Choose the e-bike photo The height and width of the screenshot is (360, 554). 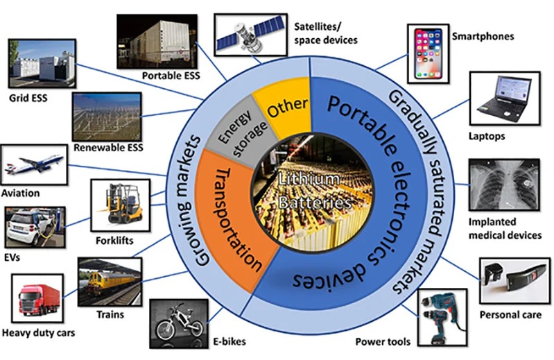point(179,320)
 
